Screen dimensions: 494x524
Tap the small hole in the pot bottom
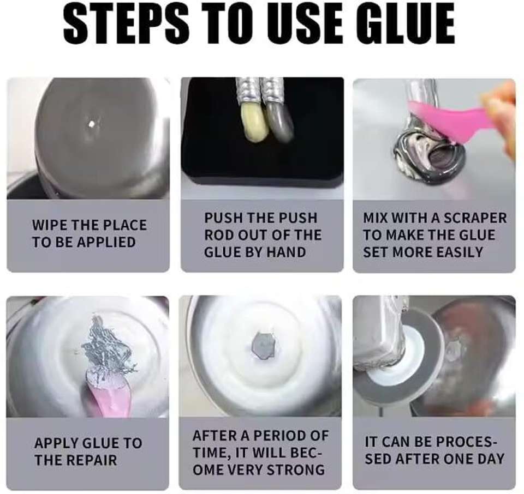point(91,125)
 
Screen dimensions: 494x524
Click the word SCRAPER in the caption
point(476,218)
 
